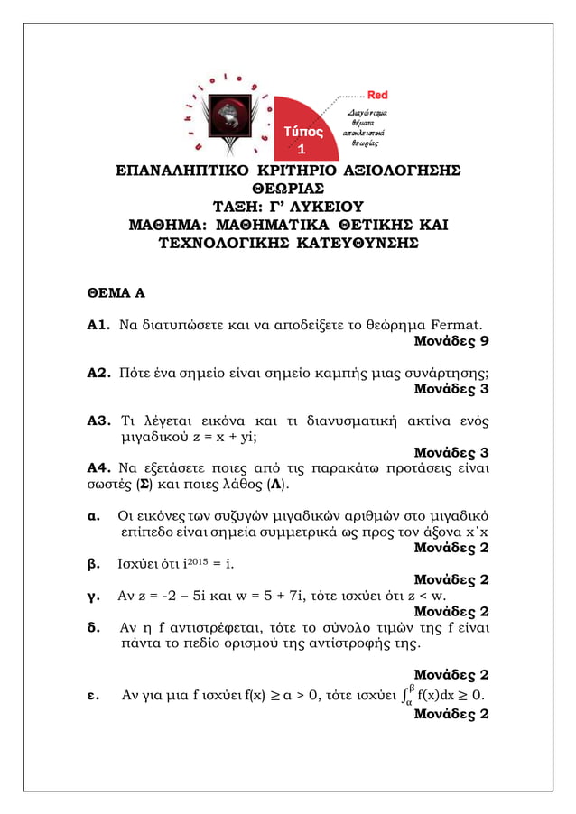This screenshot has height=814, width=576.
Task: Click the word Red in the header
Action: pyautogui.click(x=377, y=95)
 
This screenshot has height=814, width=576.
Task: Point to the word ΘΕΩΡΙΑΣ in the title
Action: pyautogui.click(x=288, y=188)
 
